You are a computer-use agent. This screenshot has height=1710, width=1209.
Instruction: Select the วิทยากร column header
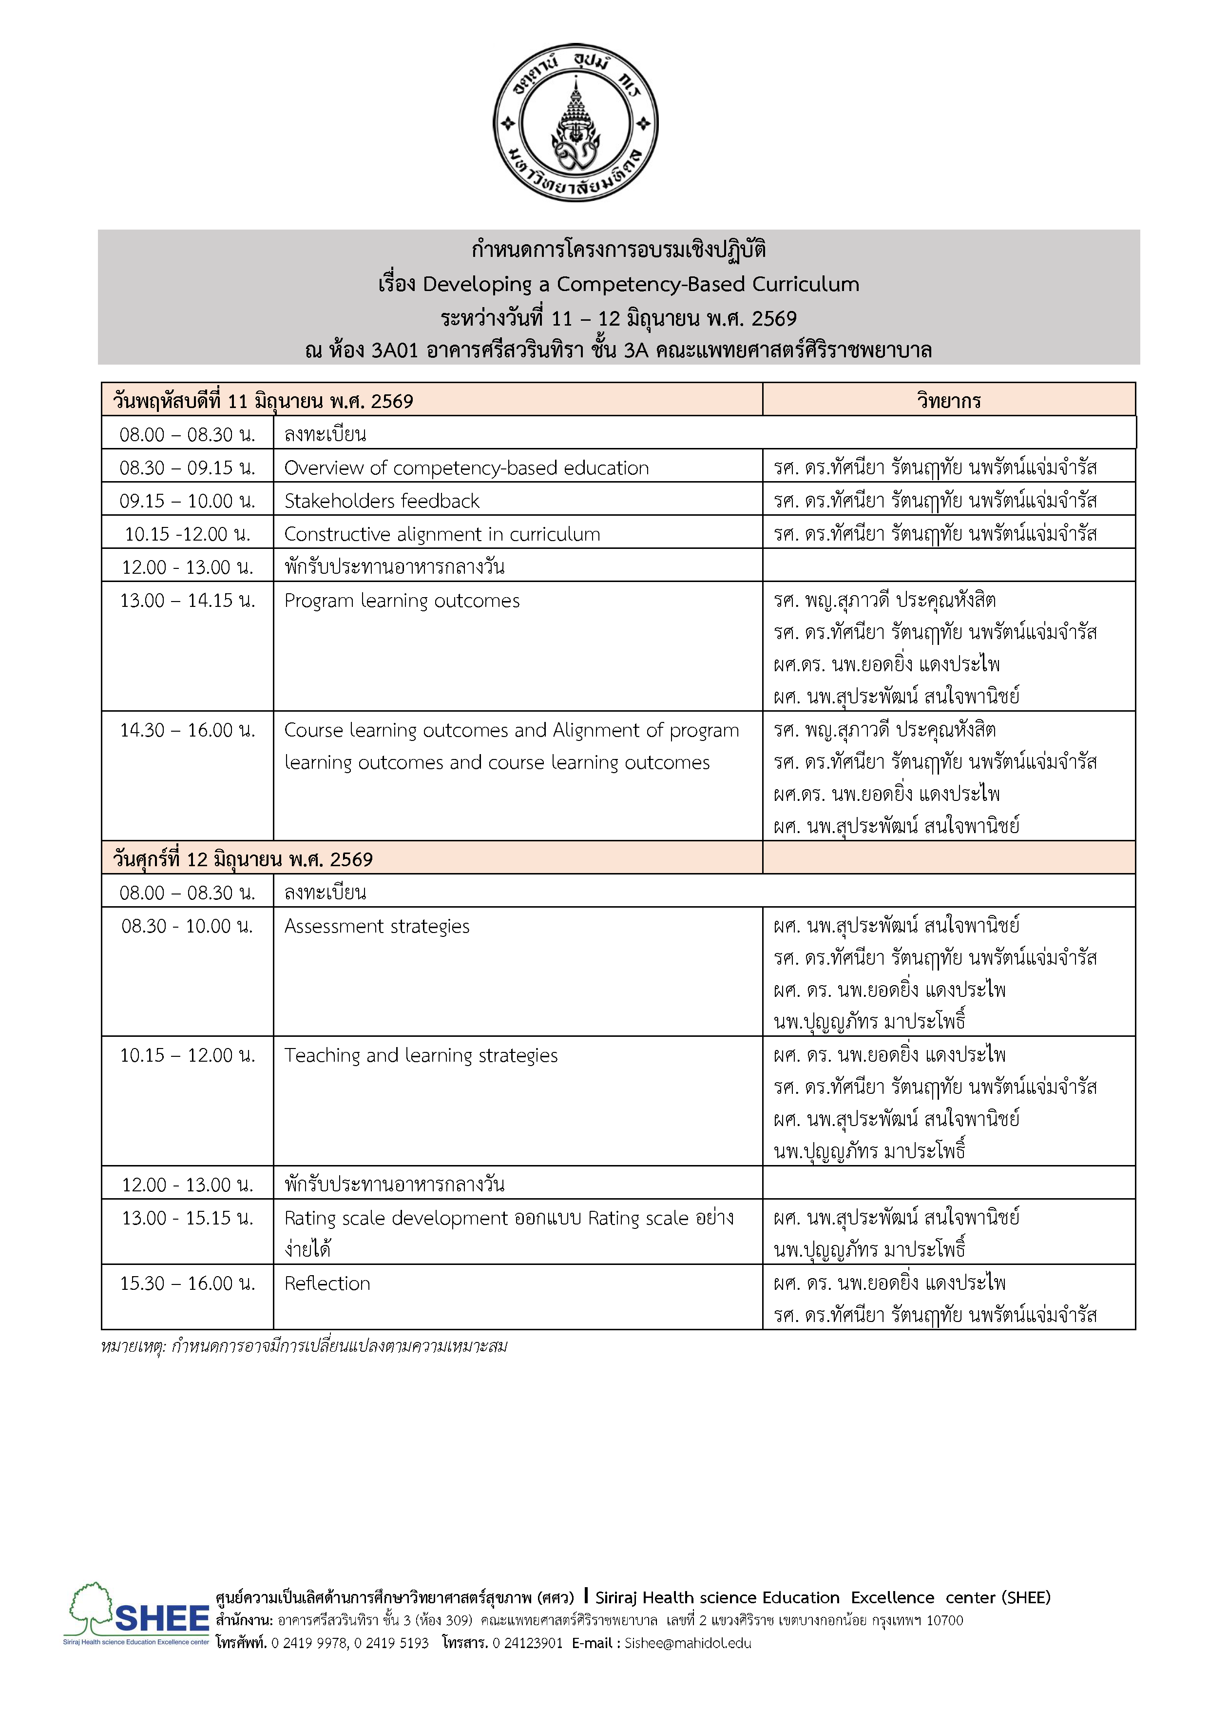948,401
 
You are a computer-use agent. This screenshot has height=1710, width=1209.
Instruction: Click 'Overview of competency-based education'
466,468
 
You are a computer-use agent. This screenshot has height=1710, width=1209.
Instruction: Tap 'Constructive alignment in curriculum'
442,534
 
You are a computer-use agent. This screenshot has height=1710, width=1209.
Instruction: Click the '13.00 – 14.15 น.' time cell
188,600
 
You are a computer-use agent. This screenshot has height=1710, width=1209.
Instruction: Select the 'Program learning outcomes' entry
402,600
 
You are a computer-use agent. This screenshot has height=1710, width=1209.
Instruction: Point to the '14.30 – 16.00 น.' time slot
188,730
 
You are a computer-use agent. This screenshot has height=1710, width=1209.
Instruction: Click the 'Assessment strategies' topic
377,926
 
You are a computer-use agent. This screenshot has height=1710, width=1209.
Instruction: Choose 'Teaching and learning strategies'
421,1055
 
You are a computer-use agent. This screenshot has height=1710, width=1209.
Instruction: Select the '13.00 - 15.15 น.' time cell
188,1218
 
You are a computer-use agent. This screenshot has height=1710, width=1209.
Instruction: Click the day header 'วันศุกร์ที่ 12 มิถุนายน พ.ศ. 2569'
243,859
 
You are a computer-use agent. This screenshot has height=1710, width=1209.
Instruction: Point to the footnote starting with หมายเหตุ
304,1346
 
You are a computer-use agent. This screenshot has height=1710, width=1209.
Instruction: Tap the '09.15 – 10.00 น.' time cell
188,501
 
